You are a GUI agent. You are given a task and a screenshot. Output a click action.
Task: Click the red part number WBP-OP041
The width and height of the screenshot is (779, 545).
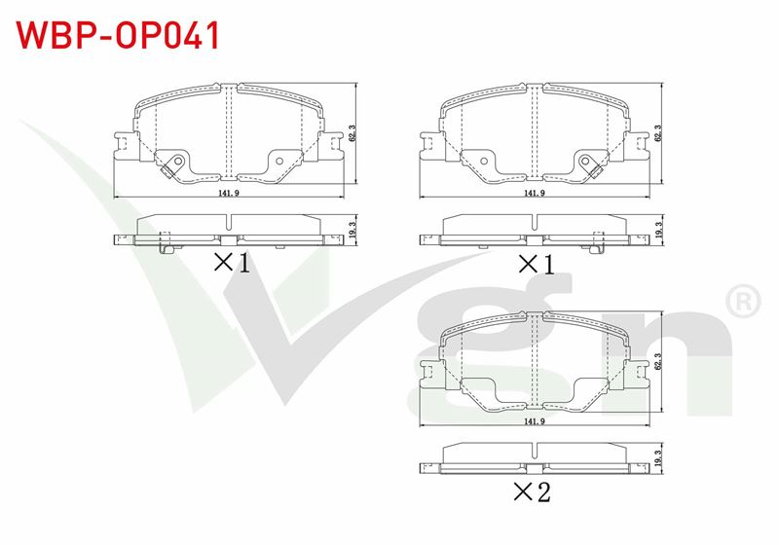tap(118, 36)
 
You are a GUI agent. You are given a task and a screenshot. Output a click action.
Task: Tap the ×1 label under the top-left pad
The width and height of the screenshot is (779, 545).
tap(232, 263)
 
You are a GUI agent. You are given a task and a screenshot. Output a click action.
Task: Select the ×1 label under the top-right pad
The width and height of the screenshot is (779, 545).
tap(537, 264)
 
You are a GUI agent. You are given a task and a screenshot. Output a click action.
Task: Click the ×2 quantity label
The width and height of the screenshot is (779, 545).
tap(532, 491)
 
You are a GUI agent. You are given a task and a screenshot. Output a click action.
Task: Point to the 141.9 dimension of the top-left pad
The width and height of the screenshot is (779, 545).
tap(229, 193)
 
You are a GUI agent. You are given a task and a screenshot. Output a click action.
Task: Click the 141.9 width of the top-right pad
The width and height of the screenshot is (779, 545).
tap(535, 193)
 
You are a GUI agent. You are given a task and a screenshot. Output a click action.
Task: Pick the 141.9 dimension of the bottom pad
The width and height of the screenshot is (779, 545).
tap(535, 421)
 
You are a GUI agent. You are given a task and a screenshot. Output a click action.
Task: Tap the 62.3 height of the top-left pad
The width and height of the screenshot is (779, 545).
tap(352, 133)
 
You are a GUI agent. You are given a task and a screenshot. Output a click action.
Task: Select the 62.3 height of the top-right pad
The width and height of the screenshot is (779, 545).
tap(658, 133)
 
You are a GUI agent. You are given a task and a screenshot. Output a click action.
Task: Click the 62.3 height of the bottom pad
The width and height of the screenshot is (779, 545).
tap(658, 362)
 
